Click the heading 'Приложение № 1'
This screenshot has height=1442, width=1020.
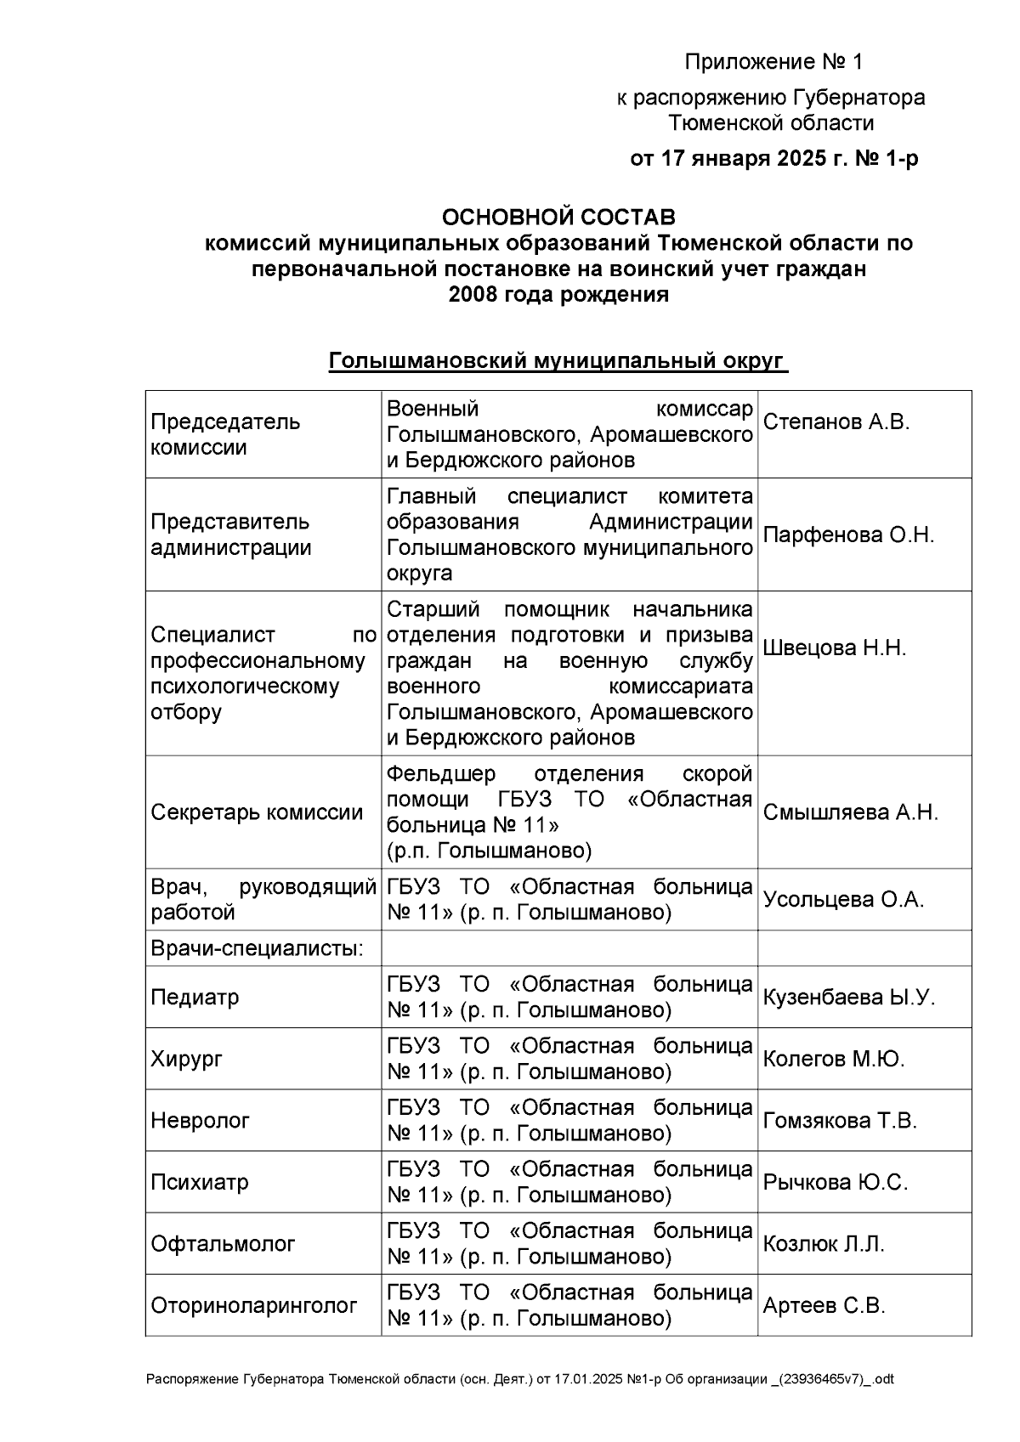click(773, 62)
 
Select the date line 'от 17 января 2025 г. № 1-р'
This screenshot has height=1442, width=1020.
click(773, 159)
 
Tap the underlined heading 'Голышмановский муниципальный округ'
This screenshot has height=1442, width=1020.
click(558, 361)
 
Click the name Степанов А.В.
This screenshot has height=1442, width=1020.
click(836, 422)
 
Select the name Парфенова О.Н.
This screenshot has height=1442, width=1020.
click(848, 535)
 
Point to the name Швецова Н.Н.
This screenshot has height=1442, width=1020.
click(835, 648)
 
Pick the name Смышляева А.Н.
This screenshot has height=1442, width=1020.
click(850, 812)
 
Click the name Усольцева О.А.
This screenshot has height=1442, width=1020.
click(843, 900)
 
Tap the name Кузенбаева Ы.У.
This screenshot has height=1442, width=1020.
click(848, 998)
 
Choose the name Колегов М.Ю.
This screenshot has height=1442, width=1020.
click(834, 1060)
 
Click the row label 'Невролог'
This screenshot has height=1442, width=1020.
click(200, 1121)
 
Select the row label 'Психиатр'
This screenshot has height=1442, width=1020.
click(200, 1183)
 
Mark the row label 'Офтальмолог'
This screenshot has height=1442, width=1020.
click(223, 1245)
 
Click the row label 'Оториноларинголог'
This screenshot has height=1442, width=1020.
click(253, 1306)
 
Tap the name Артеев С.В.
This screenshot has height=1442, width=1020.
click(824, 1306)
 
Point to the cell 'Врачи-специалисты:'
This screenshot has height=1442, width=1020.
click(257, 948)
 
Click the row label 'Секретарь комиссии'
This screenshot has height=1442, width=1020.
click(257, 812)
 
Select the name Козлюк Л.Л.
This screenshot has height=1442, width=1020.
click(824, 1245)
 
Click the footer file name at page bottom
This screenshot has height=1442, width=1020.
click(519, 1379)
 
